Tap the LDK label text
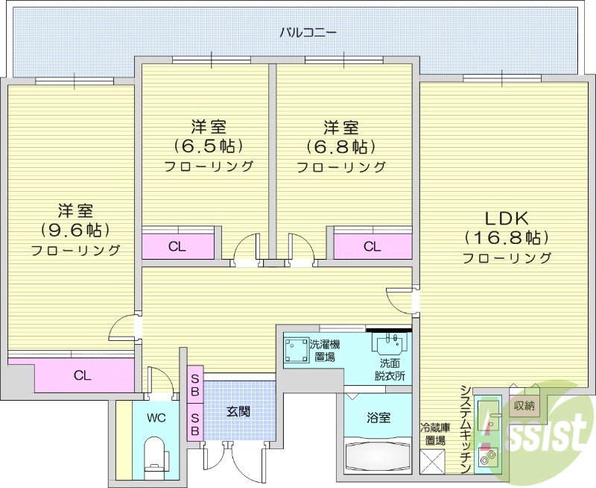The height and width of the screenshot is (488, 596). point(507,219)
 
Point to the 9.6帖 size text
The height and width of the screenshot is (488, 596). point(76,230)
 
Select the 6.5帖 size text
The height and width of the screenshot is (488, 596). point(209,146)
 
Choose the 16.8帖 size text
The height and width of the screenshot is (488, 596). point(507,238)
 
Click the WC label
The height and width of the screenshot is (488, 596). point(156,417)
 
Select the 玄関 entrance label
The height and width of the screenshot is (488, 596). point(238,410)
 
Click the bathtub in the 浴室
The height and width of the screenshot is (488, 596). point(378,454)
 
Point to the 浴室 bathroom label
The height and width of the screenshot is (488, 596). point(378,418)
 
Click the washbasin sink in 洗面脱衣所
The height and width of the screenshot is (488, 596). point(389,345)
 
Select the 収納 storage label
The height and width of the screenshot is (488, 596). point(524,406)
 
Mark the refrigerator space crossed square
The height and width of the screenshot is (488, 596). point(432,461)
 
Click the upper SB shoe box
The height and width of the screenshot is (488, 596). point(194,385)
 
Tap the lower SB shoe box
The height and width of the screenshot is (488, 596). point(194,423)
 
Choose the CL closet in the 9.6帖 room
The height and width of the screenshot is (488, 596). point(82,375)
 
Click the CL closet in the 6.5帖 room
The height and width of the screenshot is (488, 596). point(177,246)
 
